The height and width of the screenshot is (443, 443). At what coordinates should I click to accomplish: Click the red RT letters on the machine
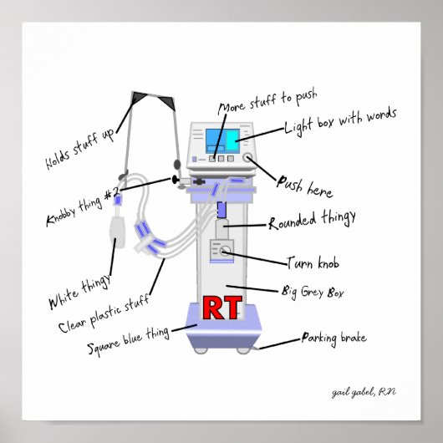pyautogui.click(x=221, y=309)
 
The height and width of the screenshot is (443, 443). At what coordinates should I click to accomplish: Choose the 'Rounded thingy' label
pyautogui.click(x=312, y=221)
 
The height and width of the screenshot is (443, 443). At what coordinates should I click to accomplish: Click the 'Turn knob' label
pyautogui.click(x=312, y=263)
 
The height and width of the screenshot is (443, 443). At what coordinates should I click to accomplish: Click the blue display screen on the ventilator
pyautogui.click(x=221, y=140)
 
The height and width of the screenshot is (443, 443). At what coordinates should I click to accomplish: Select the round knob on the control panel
pyautogui.click(x=248, y=157)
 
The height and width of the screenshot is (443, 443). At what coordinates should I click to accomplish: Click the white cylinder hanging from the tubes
pyautogui.click(x=118, y=229)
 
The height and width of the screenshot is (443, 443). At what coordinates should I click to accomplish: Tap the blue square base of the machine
pyautogui.click(x=221, y=334)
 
